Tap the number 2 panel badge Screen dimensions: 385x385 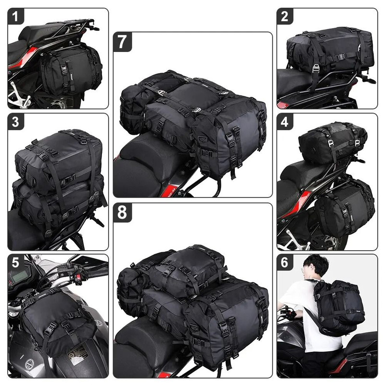285,17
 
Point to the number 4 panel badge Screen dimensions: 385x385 285,122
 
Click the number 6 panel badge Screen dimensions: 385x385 285,262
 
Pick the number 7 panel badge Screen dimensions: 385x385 122,41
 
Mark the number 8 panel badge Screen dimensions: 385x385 122,212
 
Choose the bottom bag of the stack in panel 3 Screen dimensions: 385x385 58,202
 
